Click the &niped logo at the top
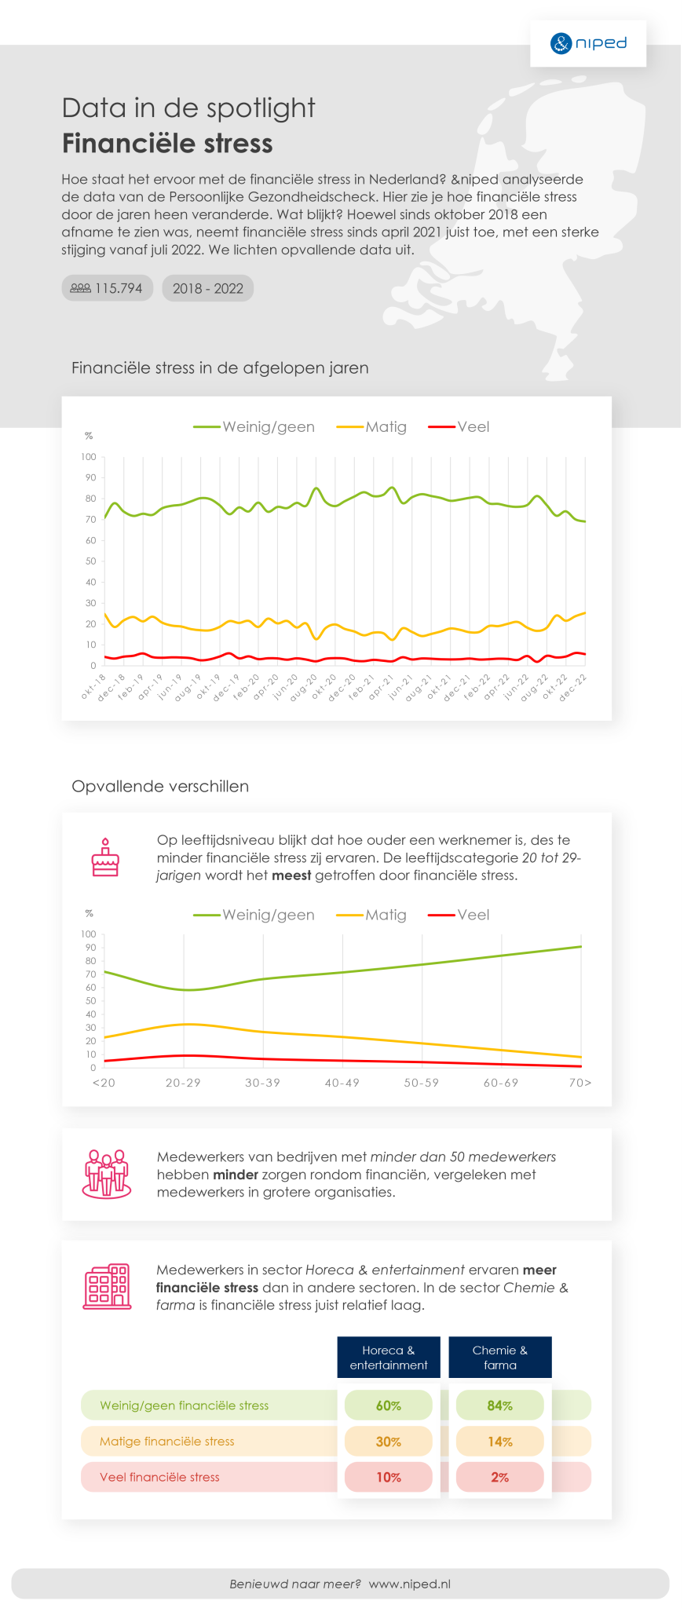(588, 43)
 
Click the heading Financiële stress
(167, 144)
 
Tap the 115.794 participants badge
(108, 288)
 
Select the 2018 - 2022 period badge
(208, 288)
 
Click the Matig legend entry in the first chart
(372, 427)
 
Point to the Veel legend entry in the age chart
(459, 915)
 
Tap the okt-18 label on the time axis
(93, 685)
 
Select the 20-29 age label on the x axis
(183, 1083)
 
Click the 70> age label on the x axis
(580, 1083)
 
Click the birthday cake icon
(105, 857)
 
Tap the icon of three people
(107, 1175)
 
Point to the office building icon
(107, 1286)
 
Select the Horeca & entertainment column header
(389, 1358)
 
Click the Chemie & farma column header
(500, 1358)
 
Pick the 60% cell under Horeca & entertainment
(389, 1405)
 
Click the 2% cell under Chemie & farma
(500, 1477)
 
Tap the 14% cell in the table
(500, 1442)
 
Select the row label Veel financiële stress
(159, 1477)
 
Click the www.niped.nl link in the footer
(409, 1584)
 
